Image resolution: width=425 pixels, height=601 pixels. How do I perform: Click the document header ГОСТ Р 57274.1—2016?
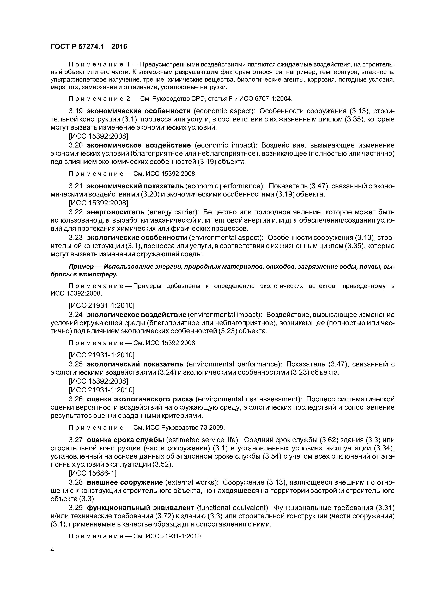point(89,47)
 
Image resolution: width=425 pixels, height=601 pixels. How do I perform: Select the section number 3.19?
point(76,111)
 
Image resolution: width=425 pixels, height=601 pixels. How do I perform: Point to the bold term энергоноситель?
point(116,212)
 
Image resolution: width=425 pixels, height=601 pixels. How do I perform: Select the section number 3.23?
point(76,237)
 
